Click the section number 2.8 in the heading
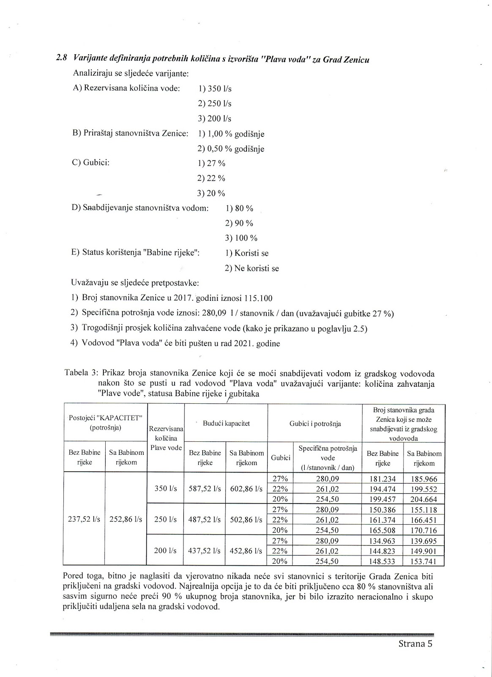point(62,58)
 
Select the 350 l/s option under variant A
point(215,89)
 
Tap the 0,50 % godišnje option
point(231,149)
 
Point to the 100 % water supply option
point(241,238)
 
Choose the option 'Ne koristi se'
point(252,268)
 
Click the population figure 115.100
point(258,298)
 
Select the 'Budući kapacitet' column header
point(227,423)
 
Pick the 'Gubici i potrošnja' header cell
point(315,424)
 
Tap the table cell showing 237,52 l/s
point(84,519)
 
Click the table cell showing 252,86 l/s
point(126,519)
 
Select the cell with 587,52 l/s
point(205,489)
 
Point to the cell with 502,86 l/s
point(246,520)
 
